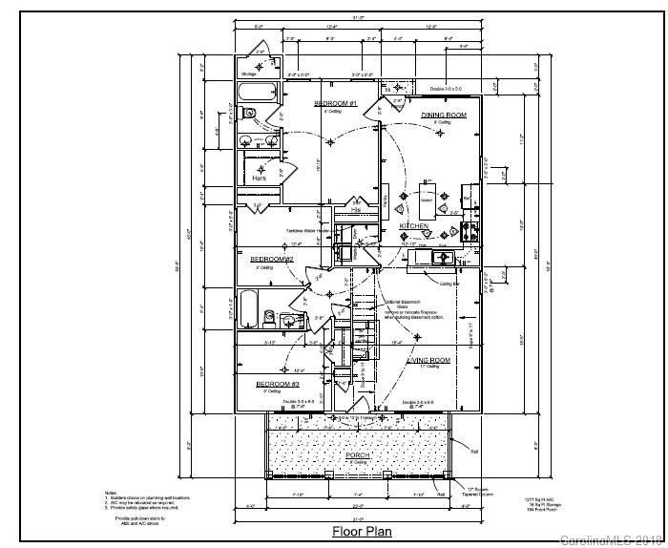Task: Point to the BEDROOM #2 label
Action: [x=272, y=259]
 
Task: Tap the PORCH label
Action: [x=357, y=455]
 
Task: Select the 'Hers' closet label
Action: [x=259, y=179]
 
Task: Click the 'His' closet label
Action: [x=356, y=209]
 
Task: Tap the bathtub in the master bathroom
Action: [x=257, y=94]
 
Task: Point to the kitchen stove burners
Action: [x=468, y=230]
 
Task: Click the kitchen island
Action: [x=427, y=201]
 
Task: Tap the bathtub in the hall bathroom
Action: [x=247, y=308]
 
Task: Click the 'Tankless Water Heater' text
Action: [x=307, y=231]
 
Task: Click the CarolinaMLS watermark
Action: [x=611, y=539]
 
